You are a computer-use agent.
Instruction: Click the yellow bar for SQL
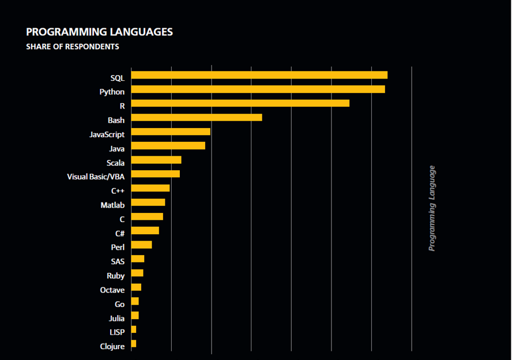pyautogui.click(x=259, y=75)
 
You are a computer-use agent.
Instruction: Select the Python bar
pyautogui.click(x=258, y=89)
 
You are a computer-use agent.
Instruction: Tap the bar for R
pyautogui.click(x=240, y=103)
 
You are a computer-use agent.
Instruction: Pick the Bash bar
pyautogui.click(x=197, y=118)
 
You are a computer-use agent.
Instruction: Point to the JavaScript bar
pyautogui.click(x=171, y=132)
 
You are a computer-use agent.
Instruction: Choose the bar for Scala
pyautogui.click(x=156, y=160)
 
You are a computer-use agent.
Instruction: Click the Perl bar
pyautogui.click(x=141, y=245)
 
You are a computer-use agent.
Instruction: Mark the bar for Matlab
pyautogui.click(x=148, y=202)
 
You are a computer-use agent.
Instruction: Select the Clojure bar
pyautogui.click(x=134, y=344)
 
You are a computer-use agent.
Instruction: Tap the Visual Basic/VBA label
pyautogui.click(x=96, y=177)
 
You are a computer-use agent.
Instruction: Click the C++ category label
pyautogui.click(x=118, y=191)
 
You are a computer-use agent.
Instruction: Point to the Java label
pyautogui.click(x=116, y=149)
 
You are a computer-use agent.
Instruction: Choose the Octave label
pyautogui.click(x=112, y=290)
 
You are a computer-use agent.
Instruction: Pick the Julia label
pyautogui.click(x=116, y=318)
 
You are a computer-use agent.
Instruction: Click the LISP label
pyautogui.click(x=116, y=332)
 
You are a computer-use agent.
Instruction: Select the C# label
pyautogui.click(x=119, y=234)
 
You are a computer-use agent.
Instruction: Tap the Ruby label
pyautogui.click(x=115, y=276)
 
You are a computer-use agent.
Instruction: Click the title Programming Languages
pyautogui.click(x=99, y=32)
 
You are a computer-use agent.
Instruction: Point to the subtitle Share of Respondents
pyautogui.click(x=73, y=47)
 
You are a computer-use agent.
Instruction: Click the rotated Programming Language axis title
pyautogui.click(x=432, y=208)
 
